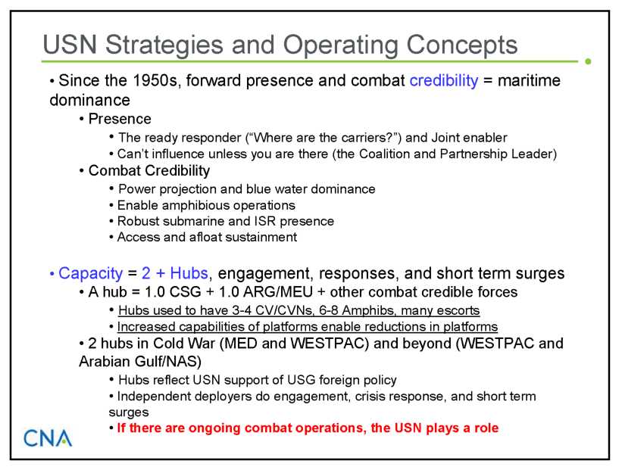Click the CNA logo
[48, 437]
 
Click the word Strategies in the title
[164, 45]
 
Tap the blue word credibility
[444, 80]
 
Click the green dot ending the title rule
[588, 61]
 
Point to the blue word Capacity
[90, 274]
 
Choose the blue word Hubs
[189, 273]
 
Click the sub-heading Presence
[120, 119]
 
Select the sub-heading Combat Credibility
[149, 171]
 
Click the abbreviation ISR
[264, 221]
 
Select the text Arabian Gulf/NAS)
[140, 361]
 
